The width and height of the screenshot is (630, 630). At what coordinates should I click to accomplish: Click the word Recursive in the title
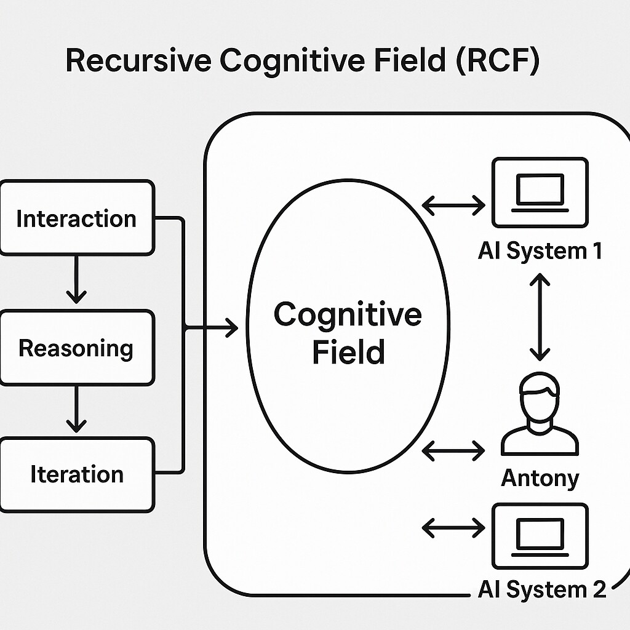pyautogui.click(x=138, y=60)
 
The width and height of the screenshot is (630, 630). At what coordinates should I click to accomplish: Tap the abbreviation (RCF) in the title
pyautogui.click(x=498, y=61)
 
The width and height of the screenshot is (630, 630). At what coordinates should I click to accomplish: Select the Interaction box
pyautogui.click(x=77, y=218)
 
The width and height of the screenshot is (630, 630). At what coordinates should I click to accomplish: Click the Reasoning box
pyautogui.click(x=77, y=348)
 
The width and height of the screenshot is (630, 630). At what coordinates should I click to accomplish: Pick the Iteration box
pyautogui.click(x=77, y=474)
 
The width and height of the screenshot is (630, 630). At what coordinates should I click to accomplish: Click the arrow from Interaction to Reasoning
pyautogui.click(x=76, y=279)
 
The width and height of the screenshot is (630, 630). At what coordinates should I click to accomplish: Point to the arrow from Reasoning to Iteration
pyautogui.click(x=76, y=409)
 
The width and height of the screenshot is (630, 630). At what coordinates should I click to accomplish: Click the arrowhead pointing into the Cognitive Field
pyautogui.click(x=232, y=327)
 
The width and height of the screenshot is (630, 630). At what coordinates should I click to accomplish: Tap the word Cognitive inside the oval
pyautogui.click(x=348, y=315)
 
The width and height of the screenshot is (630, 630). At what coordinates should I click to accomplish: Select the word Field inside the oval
pyautogui.click(x=349, y=352)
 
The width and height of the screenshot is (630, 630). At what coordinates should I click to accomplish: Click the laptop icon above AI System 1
pyautogui.click(x=540, y=193)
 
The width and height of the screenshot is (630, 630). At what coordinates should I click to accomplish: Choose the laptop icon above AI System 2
pyautogui.click(x=540, y=536)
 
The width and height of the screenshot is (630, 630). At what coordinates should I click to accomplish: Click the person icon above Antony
pyautogui.click(x=540, y=414)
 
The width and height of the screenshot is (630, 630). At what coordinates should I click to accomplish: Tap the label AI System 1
pyautogui.click(x=540, y=251)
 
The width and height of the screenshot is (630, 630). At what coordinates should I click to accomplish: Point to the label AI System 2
pyautogui.click(x=541, y=589)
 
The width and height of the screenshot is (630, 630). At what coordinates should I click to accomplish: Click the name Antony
pyautogui.click(x=540, y=479)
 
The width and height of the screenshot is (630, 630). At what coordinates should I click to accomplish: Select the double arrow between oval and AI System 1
pyautogui.click(x=453, y=205)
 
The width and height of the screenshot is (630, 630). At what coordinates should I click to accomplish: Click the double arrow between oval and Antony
pyautogui.click(x=453, y=450)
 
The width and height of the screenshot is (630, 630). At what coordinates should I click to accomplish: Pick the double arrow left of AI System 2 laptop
pyautogui.click(x=453, y=527)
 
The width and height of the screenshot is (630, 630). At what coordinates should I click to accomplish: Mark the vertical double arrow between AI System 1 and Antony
pyautogui.click(x=540, y=317)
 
